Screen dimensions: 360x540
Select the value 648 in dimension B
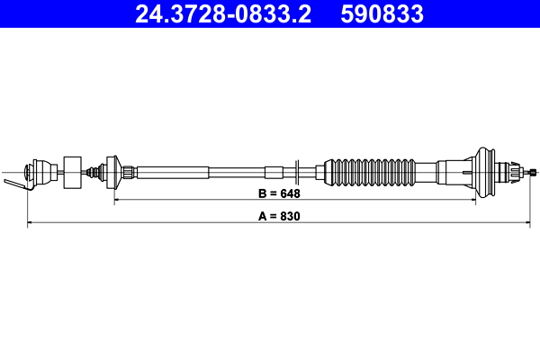pyautogui.click(x=289, y=193)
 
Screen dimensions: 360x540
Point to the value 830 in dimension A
pyautogui.click(x=289, y=216)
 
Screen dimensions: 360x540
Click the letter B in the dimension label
pyautogui.click(x=260, y=193)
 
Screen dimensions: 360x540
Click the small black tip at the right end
pyautogui.click(x=534, y=171)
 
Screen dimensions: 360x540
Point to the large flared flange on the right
pyautogui.click(x=486, y=171)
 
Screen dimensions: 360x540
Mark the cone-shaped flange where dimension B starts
pyautogui.click(x=112, y=171)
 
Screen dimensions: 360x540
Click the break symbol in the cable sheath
pyautogui.click(x=295, y=171)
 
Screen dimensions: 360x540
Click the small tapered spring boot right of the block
pyautogui.click(x=94, y=171)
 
